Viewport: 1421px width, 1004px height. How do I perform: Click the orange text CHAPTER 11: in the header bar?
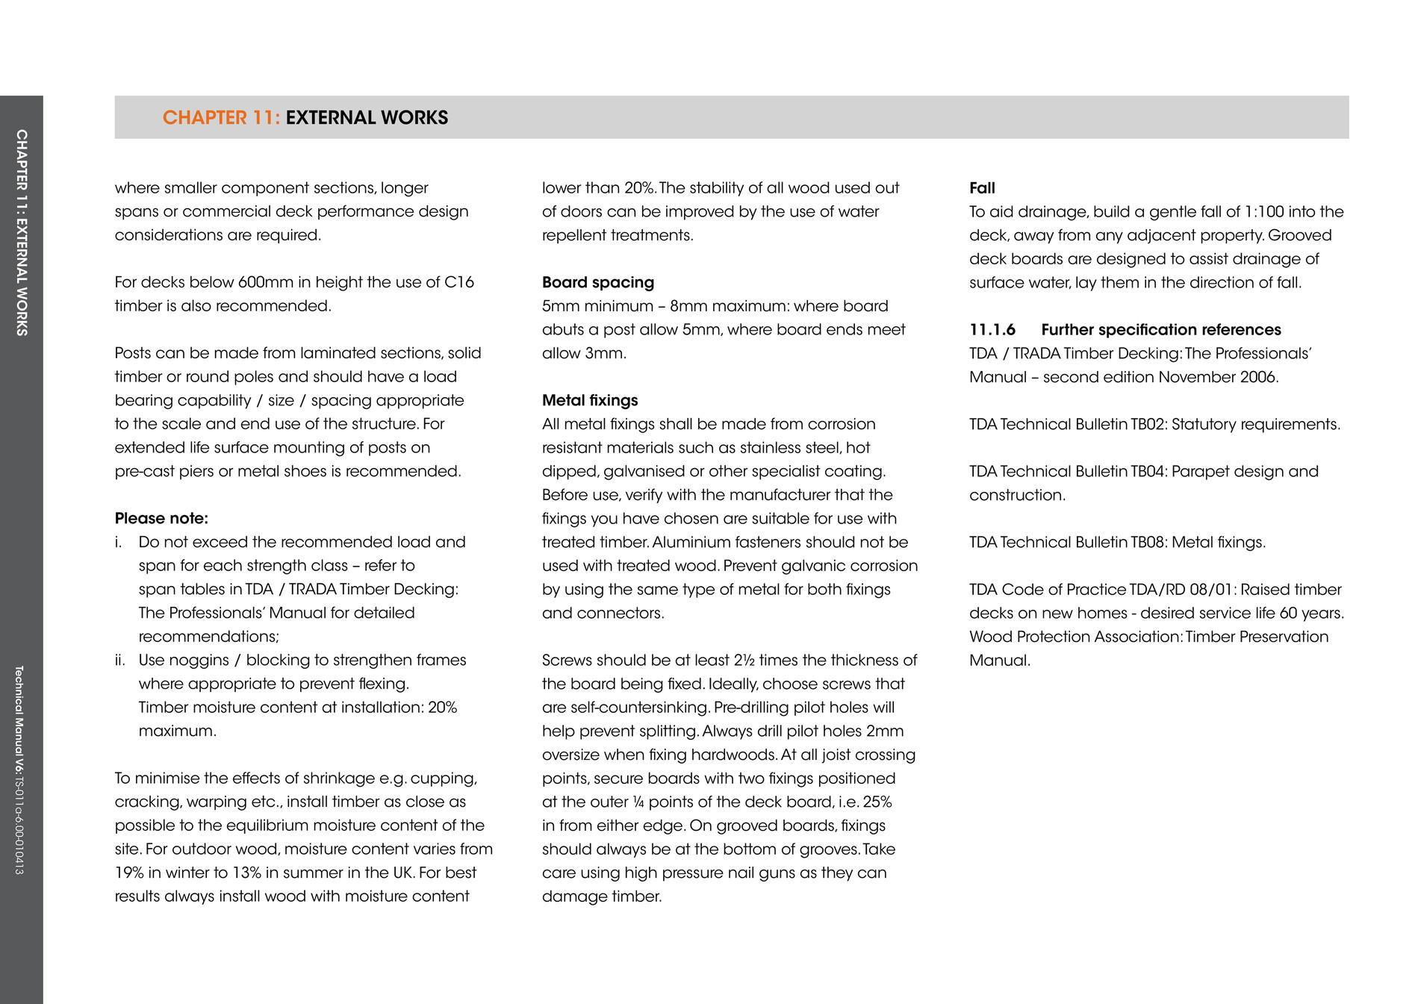(221, 118)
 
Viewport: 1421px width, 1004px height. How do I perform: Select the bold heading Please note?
(161, 519)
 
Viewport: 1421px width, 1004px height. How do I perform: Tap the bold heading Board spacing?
(598, 283)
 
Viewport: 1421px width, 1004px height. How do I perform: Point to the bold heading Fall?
(982, 188)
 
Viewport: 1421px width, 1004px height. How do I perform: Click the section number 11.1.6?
(992, 330)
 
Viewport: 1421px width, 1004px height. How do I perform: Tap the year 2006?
(1257, 378)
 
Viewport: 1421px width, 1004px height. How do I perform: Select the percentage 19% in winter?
(129, 873)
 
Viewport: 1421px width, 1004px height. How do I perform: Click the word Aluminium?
(677, 543)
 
